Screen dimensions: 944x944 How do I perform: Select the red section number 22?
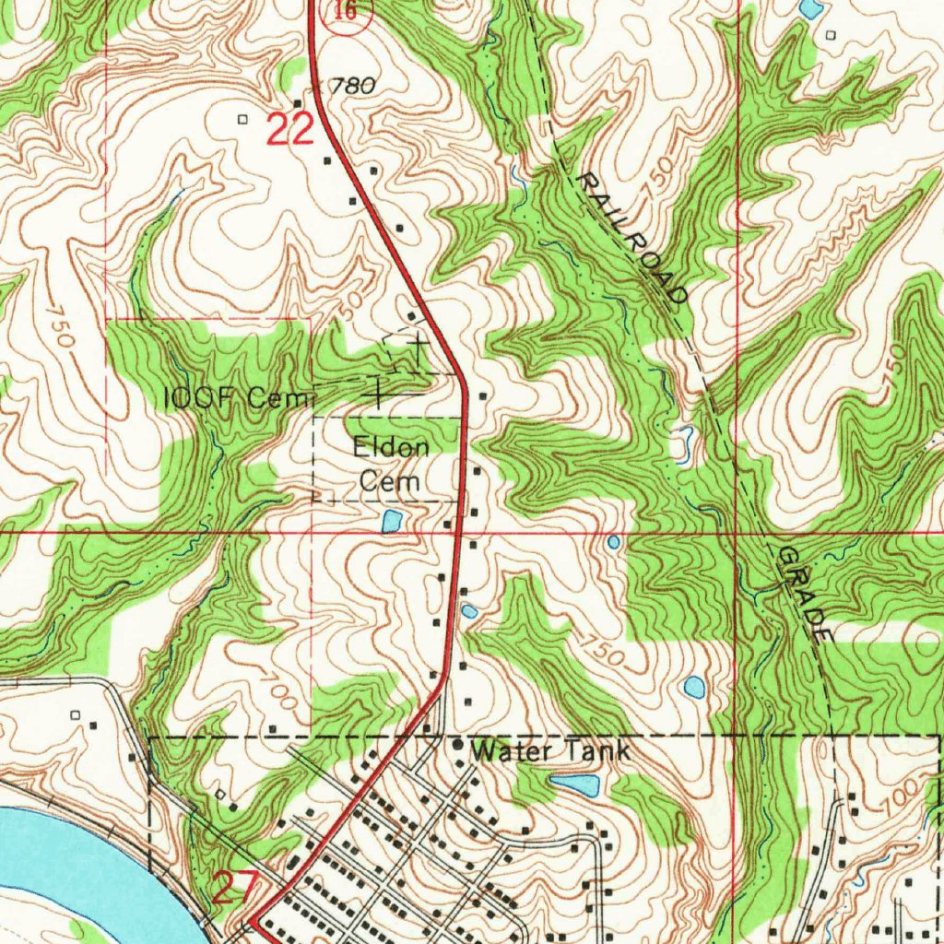click(290, 130)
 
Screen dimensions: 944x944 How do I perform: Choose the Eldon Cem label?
click(390, 465)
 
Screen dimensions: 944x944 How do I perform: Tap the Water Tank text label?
click(550, 751)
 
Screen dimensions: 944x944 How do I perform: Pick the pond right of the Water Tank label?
click(575, 785)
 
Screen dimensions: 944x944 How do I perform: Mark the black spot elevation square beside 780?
click(297, 102)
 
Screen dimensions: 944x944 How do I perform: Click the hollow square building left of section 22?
click(243, 119)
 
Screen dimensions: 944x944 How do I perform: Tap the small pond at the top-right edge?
click(812, 9)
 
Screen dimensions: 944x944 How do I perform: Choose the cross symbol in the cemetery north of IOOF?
click(418, 347)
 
